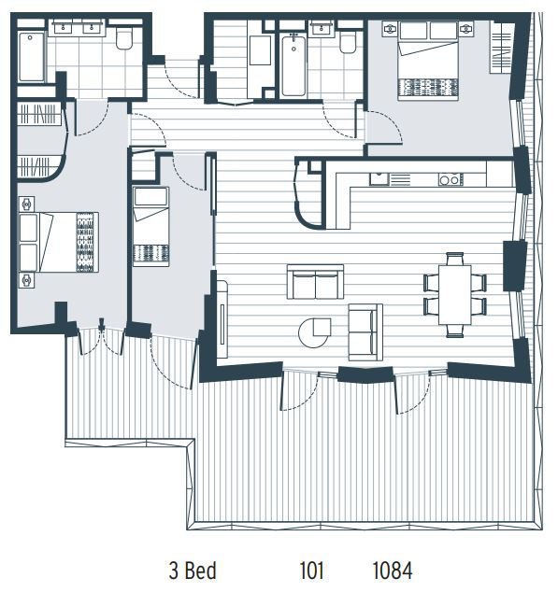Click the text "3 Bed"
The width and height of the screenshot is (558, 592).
[x=193, y=571]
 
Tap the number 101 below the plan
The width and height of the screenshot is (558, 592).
[x=311, y=571]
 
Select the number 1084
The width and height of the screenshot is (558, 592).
[x=393, y=571]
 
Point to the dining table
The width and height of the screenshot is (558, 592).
[x=455, y=295]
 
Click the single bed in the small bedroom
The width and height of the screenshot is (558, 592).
[x=150, y=226]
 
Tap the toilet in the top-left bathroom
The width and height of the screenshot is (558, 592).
[x=123, y=38]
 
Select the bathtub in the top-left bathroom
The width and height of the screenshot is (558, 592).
[x=31, y=57]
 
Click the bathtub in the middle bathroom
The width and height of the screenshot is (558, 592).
[x=293, y=65]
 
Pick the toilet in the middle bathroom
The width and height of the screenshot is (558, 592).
[x=347, y=41]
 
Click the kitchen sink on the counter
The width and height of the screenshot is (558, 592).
[x=379, y=179]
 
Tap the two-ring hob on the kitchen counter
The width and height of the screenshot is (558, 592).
[x=451, y=179]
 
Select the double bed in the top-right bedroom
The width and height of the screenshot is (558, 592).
[x=428, y=61]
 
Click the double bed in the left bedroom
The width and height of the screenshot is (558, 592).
[x=59, y=242]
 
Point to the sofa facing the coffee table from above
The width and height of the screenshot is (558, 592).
[x=315, y=282]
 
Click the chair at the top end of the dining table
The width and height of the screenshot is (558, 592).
[x=455, y=259]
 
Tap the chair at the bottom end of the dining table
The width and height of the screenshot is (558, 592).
[x=455, y=331]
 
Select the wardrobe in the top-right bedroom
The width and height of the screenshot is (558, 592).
[x=501, y=47]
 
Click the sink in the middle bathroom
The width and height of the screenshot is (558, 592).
[x=322, y=29]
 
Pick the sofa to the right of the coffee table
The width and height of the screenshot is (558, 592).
[x=365, y=331]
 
